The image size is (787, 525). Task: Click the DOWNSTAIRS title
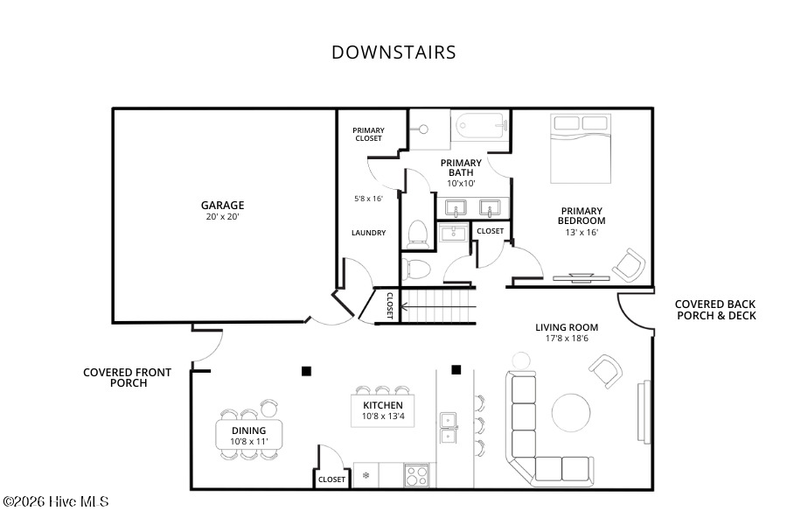coord(393,52)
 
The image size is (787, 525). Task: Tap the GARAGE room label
coord(222,205)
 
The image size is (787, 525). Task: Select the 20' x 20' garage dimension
coord(222,217)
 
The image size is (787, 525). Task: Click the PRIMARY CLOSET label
coord(368,134)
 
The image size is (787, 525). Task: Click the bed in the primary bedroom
coord(581,149)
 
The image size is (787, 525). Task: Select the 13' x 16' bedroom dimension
coord(582,232)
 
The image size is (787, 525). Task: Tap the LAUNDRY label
coord(368,233)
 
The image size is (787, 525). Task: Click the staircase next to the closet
coord(438,306)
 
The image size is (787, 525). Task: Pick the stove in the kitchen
coord(416,475)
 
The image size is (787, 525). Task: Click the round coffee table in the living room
coord(571,412)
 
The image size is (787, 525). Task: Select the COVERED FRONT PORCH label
coord(128,377)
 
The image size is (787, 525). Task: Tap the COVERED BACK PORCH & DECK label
coord(715,310)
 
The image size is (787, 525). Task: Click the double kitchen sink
coord(449,428)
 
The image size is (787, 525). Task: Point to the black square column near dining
coord(306,371)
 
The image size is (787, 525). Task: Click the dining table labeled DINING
coord(249,435)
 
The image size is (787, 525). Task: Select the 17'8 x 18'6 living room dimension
coord(567,339)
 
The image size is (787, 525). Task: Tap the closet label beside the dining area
coord(331,479)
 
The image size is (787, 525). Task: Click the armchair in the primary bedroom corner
coord(629,265)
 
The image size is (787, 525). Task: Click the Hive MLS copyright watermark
coord(56,501)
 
